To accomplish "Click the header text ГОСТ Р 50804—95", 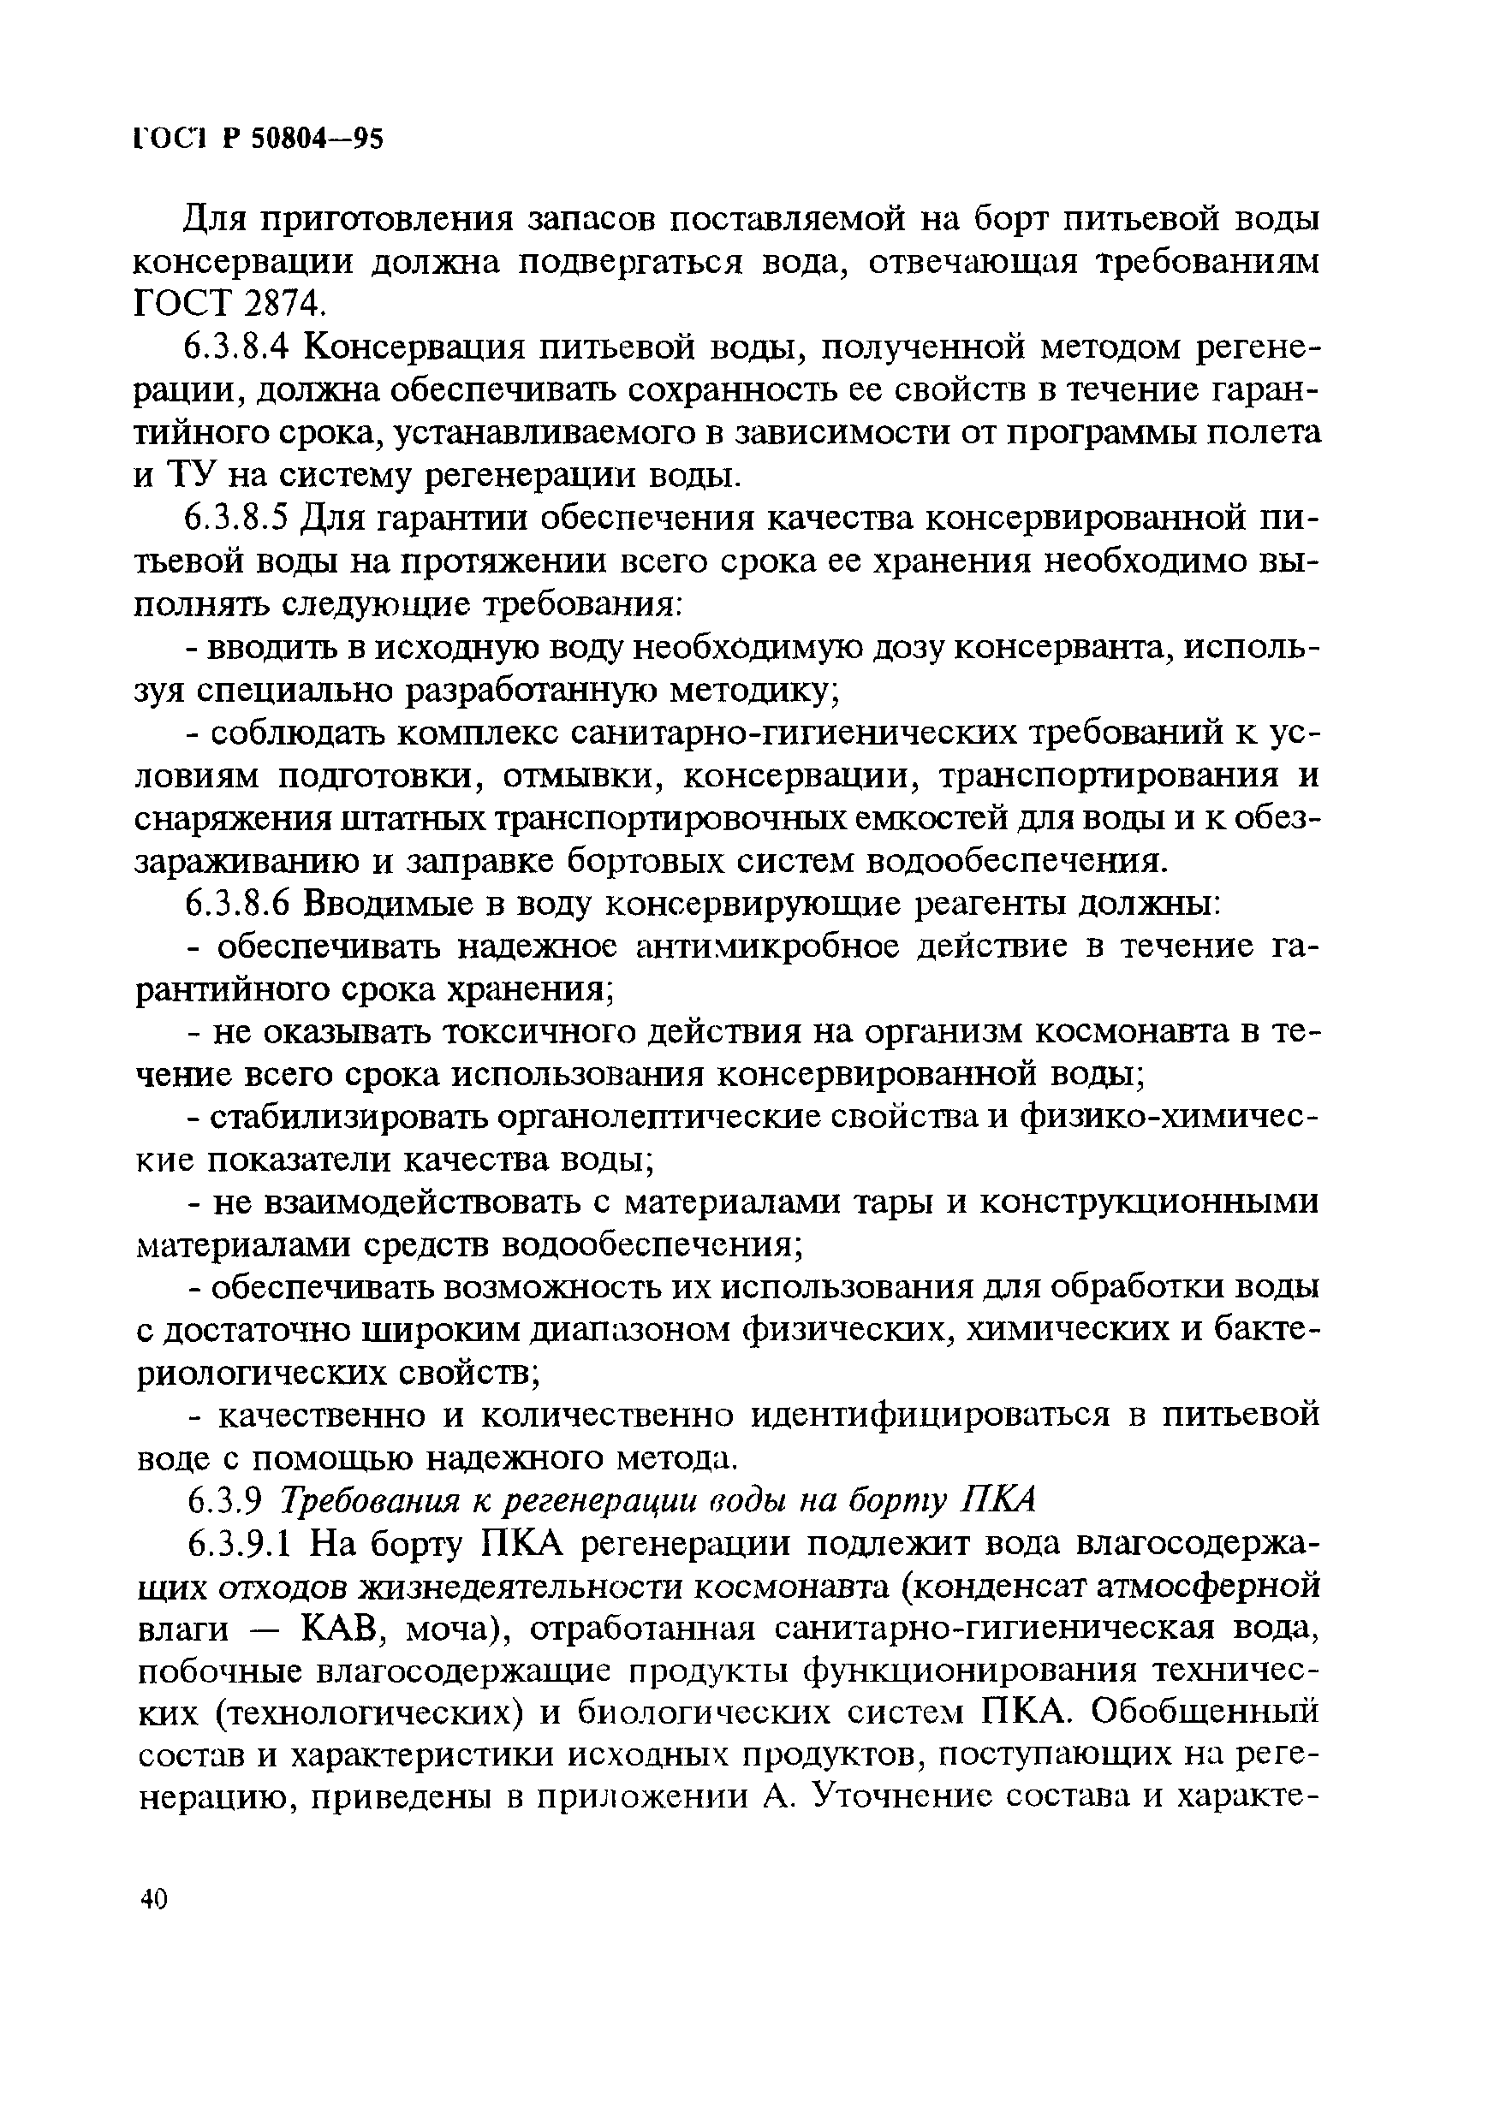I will tap(258, 138).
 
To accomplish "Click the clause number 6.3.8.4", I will tap(237, 348).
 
